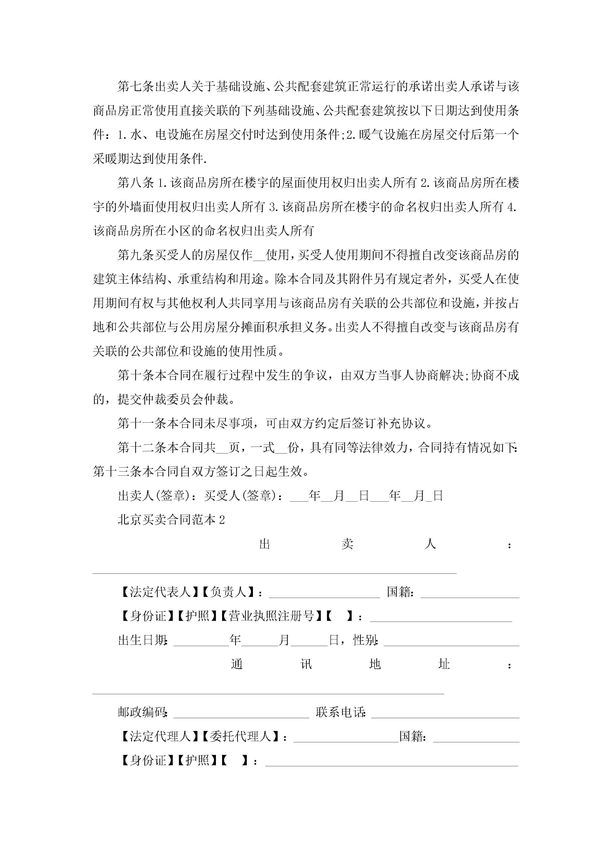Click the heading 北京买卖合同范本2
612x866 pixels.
[x=171, y=520]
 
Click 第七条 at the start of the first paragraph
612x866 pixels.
[x=136, y=86]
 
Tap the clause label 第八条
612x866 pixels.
[x=136, y=183]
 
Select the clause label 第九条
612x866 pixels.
[x=136, y=255]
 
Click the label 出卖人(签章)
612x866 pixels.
[x=156, y=496]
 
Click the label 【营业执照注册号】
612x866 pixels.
[x=271, y=616]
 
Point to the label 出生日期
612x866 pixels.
[x=143, y=640]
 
